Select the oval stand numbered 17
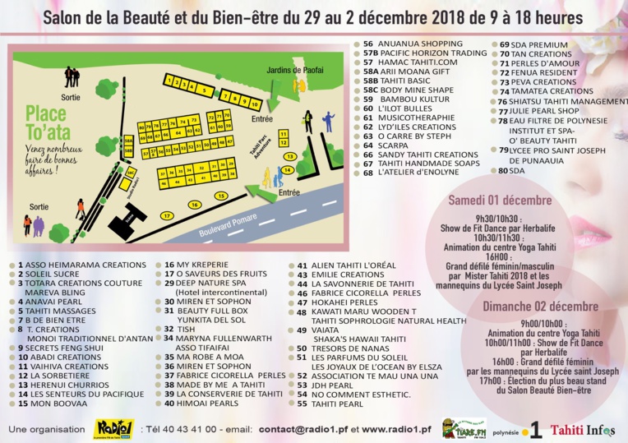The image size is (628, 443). (x=167, y=215)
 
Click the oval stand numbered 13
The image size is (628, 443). (x=289, y=155)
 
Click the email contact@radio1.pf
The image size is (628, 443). (x=303, y=429)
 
